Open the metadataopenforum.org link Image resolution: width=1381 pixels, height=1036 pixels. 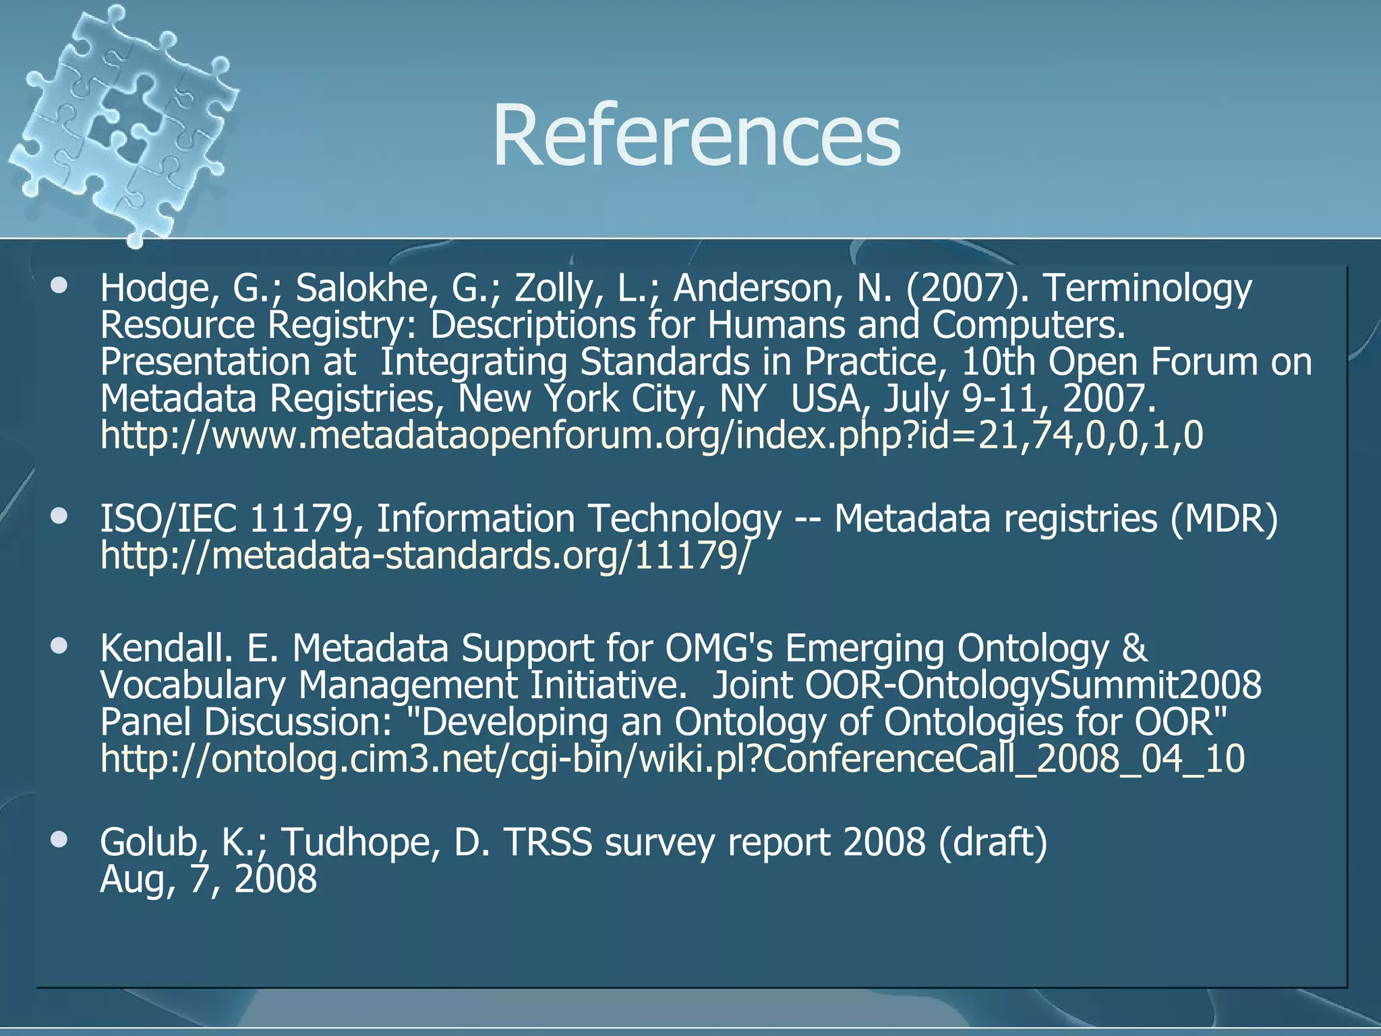coord(651,435)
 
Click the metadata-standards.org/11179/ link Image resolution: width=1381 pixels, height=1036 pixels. coord(424,556)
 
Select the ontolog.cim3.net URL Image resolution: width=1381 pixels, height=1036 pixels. coord(672,758)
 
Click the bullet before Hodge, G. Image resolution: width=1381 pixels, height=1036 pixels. coord(60,286)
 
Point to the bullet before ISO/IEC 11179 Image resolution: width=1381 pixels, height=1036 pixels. coord(60,517)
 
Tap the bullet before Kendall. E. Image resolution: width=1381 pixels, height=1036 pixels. coord(60,646)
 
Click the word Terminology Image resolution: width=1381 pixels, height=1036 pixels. coord(1147,289)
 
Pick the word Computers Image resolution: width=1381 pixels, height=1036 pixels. coord(1029,325)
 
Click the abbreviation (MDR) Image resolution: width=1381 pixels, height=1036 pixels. coord(1223,519)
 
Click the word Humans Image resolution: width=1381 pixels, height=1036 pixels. coord(775,325)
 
